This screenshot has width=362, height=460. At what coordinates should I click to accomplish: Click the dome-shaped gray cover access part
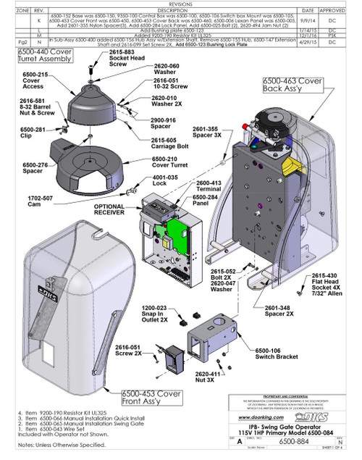(x=91, y=105)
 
